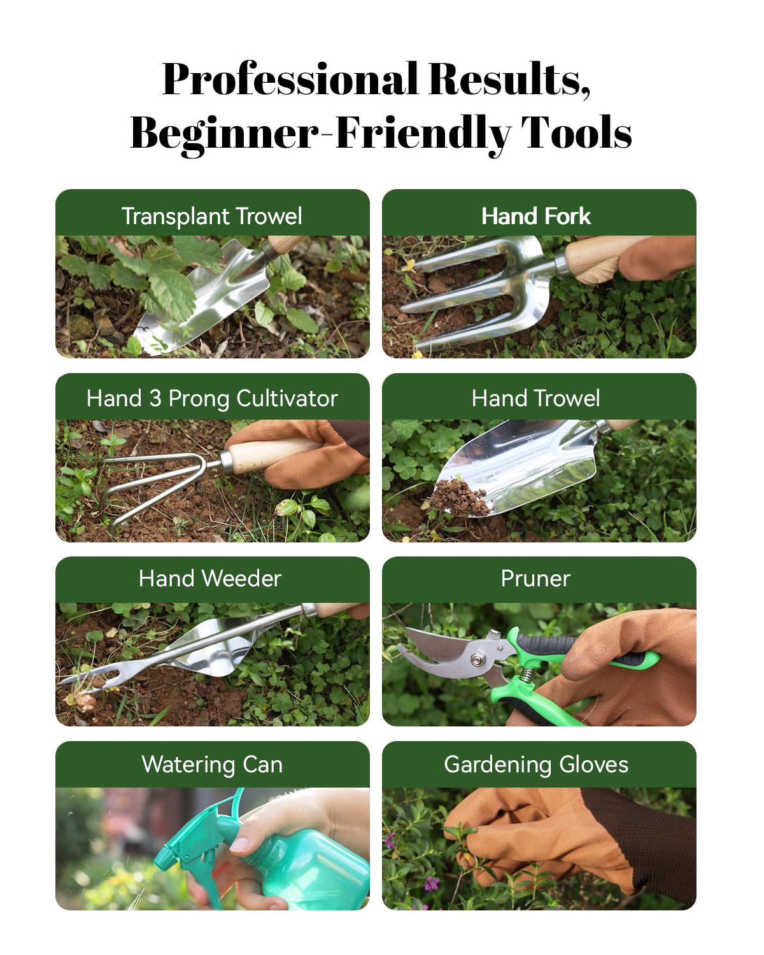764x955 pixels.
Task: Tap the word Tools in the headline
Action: point(576,132)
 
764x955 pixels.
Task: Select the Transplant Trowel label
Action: point(212,216)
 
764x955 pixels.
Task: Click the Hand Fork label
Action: point(536,216)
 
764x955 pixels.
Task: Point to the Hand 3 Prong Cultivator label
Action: point(212,398)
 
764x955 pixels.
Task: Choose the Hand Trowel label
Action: point(536,398)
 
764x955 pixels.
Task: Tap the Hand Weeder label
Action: point(210,579)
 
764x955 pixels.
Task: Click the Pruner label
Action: point(535,579)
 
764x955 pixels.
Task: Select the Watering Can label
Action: point(212,765)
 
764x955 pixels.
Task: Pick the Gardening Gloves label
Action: point(536,765)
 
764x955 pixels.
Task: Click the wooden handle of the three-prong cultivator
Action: point(275,455)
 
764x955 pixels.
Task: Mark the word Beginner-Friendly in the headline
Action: point(320,133)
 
